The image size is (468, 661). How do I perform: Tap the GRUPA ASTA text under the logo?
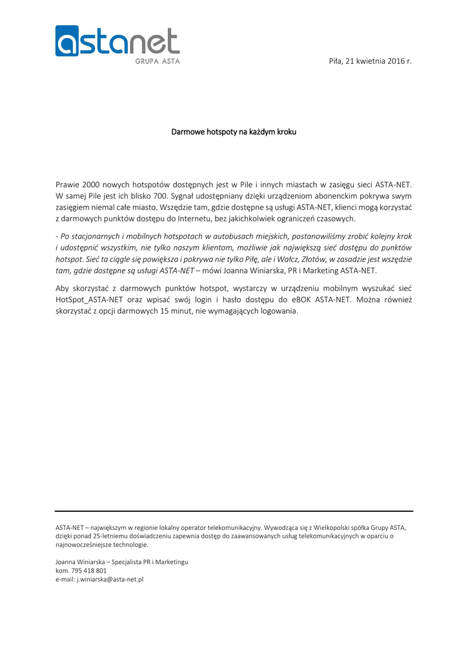pyautogui.click(x=158, y=61)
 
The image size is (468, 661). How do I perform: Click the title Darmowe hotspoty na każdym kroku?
pyautogui.click(x=234, y=132)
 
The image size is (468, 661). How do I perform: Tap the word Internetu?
pyautogui.click(x=188, y=219)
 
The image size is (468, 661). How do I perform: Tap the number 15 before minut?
pyautogui.click(x=171, y=311)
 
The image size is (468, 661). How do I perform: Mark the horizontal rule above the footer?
pyautogui.click(x=234, y=511)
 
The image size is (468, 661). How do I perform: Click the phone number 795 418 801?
pyautogui.click(x=88, y=571)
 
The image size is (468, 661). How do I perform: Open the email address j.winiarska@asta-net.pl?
pyautogui.click(x=110, y=580)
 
